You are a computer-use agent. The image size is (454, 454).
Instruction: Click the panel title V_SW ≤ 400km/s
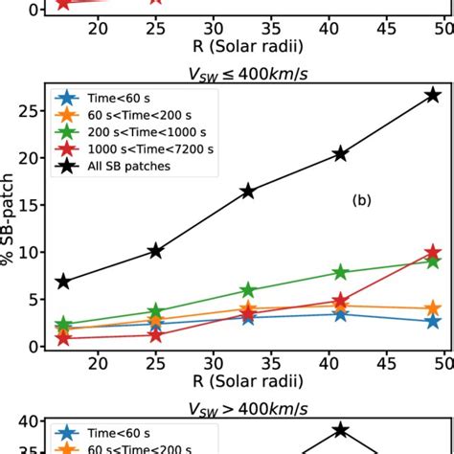click(247, 70)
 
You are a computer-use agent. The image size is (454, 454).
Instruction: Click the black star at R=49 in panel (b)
click(433, 95)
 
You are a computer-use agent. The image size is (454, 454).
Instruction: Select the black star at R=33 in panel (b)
click(248, 191)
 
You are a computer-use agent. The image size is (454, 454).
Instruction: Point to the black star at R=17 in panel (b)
click(63, 282)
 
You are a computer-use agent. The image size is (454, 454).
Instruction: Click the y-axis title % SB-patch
click(9, 220)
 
